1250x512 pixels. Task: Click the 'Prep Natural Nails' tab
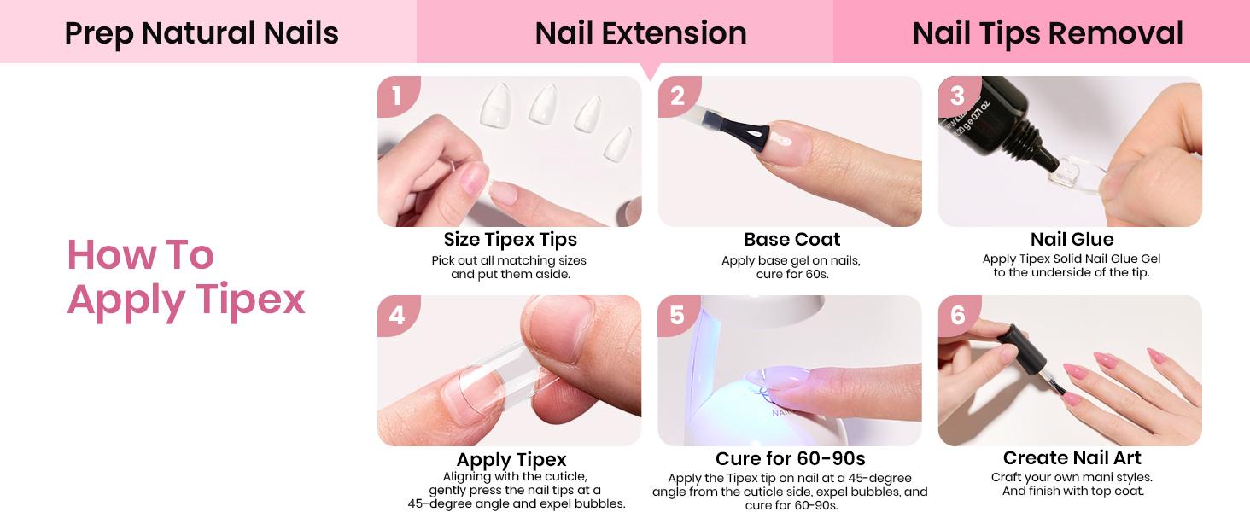(202, 33)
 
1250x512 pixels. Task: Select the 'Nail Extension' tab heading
(640, 33)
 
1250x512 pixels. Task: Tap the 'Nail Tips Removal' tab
(1047, 33)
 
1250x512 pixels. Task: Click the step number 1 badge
(396, 96)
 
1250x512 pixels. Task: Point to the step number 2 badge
(677, 96)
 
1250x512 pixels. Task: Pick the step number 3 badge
(957, 96)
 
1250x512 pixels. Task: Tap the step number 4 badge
(396, 315)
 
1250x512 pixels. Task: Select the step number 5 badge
(677, 315)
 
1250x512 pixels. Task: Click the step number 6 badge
(957, 315)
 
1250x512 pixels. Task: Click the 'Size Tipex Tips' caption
(510, 240)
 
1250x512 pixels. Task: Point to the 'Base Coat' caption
(791, 240)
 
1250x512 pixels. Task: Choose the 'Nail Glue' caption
(1072, 240)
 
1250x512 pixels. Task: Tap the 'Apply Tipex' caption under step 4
(511, 460)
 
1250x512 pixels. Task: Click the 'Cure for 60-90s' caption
(790, 460)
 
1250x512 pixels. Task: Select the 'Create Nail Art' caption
(1072, 458)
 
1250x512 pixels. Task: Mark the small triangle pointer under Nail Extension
(651, 72)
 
